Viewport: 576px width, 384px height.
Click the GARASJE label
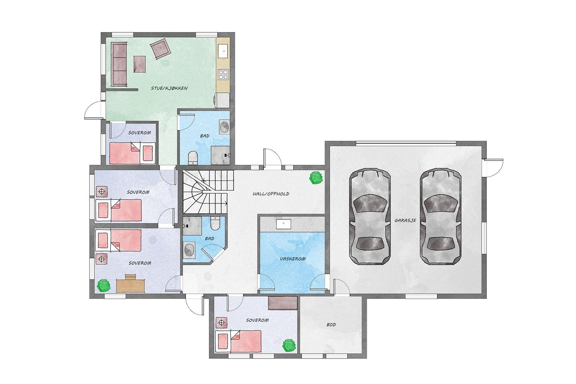405,221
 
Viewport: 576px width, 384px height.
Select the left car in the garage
370,217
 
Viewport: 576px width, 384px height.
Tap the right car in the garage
440,217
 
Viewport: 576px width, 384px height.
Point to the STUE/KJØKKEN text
169,88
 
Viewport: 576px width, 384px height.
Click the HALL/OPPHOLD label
271,194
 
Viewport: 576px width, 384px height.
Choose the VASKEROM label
292,259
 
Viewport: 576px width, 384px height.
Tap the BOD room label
331,325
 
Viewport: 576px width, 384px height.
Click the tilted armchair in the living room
160,49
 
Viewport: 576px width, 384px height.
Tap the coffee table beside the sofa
139,64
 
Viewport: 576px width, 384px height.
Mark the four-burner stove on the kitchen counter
223,74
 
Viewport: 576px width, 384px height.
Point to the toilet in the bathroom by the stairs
215,224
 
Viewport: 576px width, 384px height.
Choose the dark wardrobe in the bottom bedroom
283,303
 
